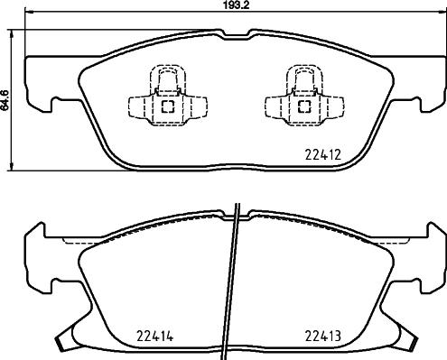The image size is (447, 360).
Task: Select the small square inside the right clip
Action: (301, 106)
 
